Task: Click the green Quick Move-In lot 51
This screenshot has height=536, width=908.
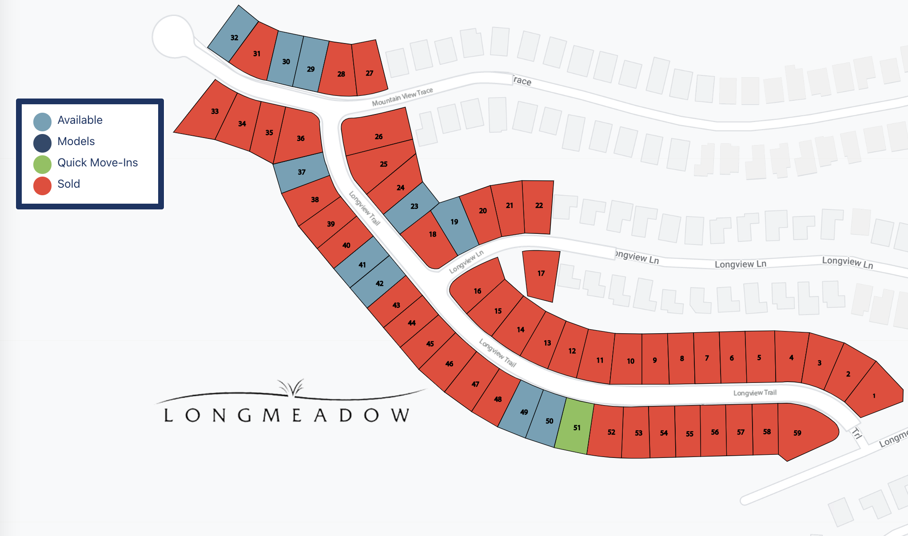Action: (576, 428)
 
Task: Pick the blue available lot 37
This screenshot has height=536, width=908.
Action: (301, 172)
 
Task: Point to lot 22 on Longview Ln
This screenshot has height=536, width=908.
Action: (538, 206)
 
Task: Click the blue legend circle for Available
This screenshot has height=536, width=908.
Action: (43, 121)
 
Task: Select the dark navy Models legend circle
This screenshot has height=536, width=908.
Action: (43, 142)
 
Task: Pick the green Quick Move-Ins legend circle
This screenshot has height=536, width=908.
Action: (43, 163)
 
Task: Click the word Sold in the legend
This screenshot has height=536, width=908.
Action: (69, 184)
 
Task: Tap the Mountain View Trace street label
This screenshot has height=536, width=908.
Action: (402, 97)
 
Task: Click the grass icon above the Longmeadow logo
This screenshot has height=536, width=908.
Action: (291, 387)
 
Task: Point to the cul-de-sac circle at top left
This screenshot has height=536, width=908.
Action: (173, 36)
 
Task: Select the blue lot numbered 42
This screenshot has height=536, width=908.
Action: (379, 283)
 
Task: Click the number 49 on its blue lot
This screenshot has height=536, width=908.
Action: (524, 412)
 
